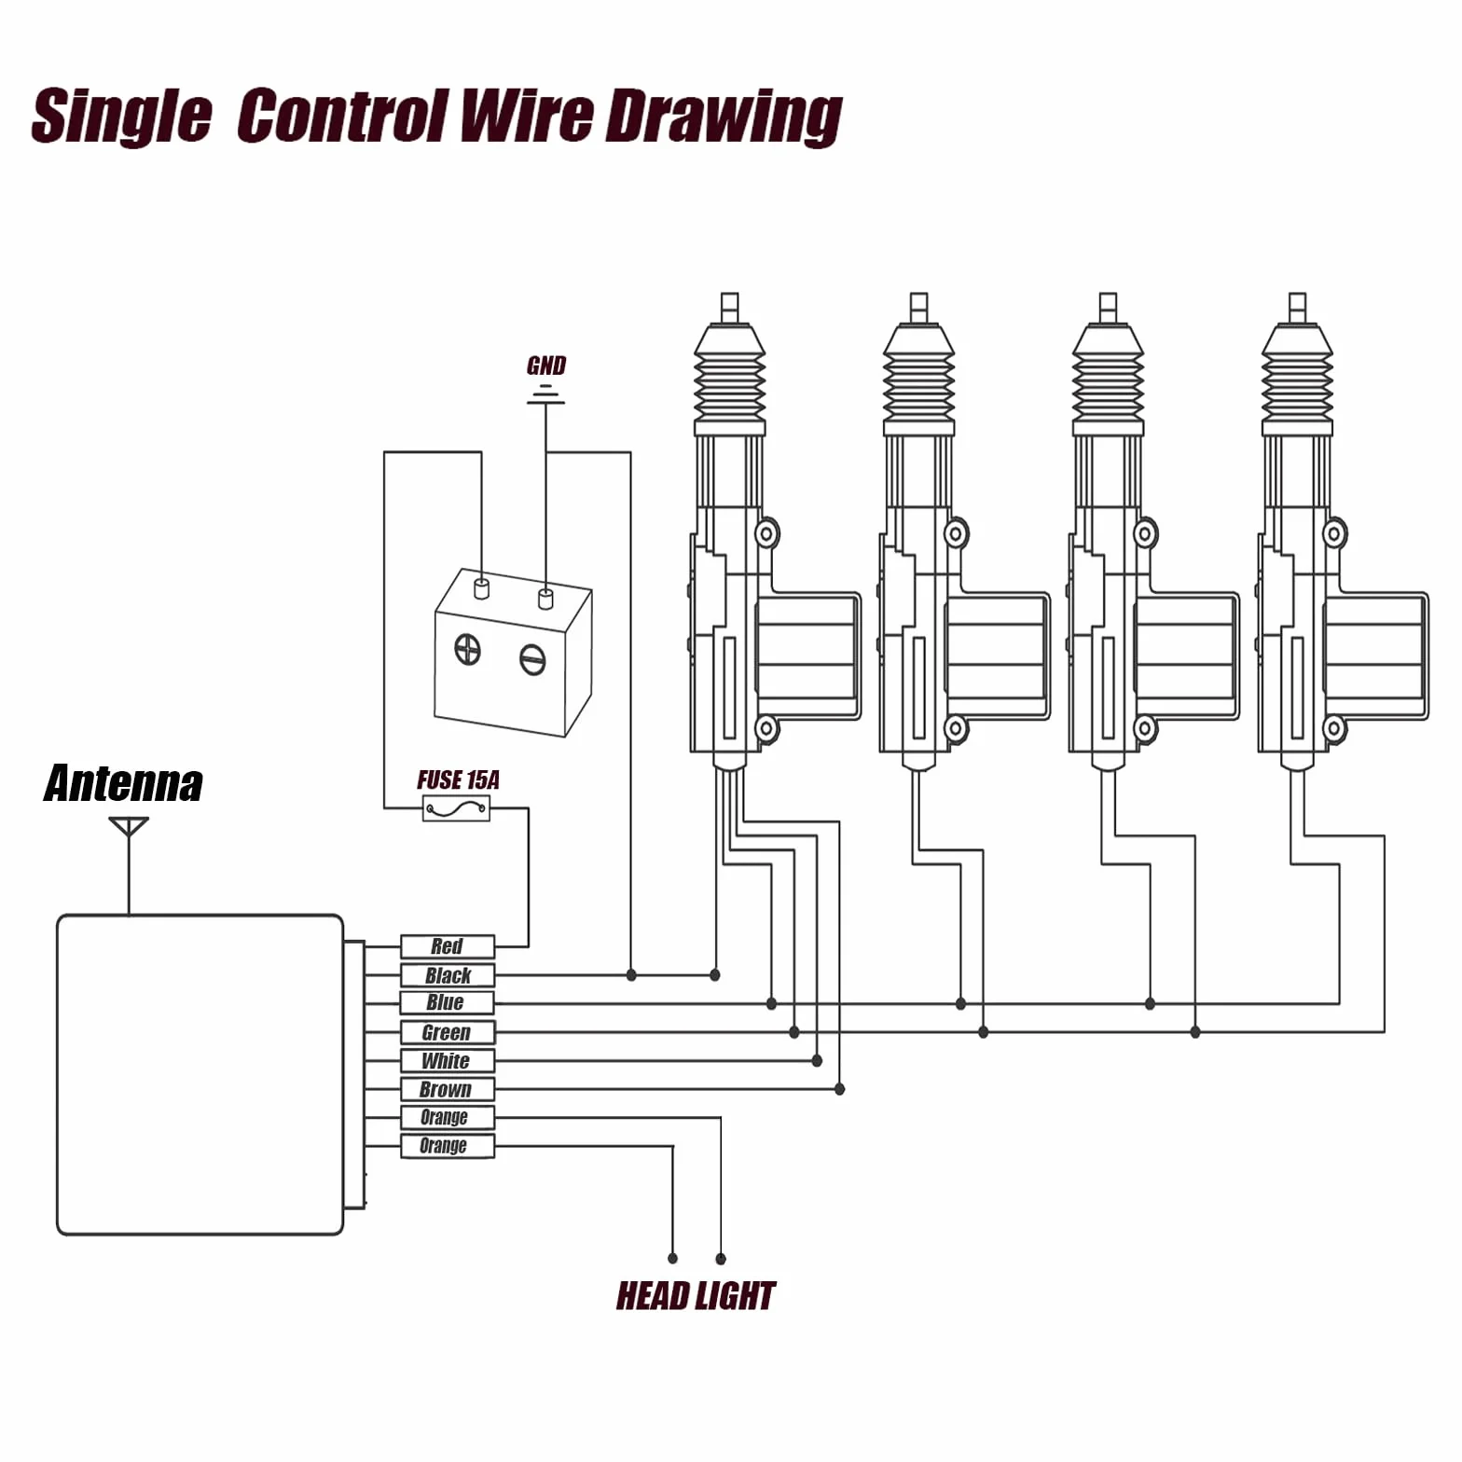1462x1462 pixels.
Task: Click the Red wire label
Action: [x=448, y=946]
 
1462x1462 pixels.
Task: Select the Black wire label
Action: [x=448, y=975]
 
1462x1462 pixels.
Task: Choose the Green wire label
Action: [x=448, y=1032]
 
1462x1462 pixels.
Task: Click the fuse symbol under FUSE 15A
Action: [x=456, y=808]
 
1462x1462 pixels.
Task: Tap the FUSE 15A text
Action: [x=458, y=779]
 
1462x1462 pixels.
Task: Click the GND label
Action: [x=546, y=365]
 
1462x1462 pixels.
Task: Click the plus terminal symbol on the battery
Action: [x=467, y=649]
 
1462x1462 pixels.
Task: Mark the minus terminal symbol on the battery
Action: [x=532, y=660]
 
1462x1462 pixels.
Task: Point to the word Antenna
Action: [x=123, y=783]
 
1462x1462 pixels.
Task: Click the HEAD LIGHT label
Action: [x=696, y=1295]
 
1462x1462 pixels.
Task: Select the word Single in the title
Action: [x=121, y=117]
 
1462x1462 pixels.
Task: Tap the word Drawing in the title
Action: [x=724, y=117]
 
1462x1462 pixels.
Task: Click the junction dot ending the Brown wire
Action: [x=839, y=1089]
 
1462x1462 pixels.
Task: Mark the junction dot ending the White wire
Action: [x=817, y=1060]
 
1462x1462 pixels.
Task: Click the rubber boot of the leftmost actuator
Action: [x=729, y=379]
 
